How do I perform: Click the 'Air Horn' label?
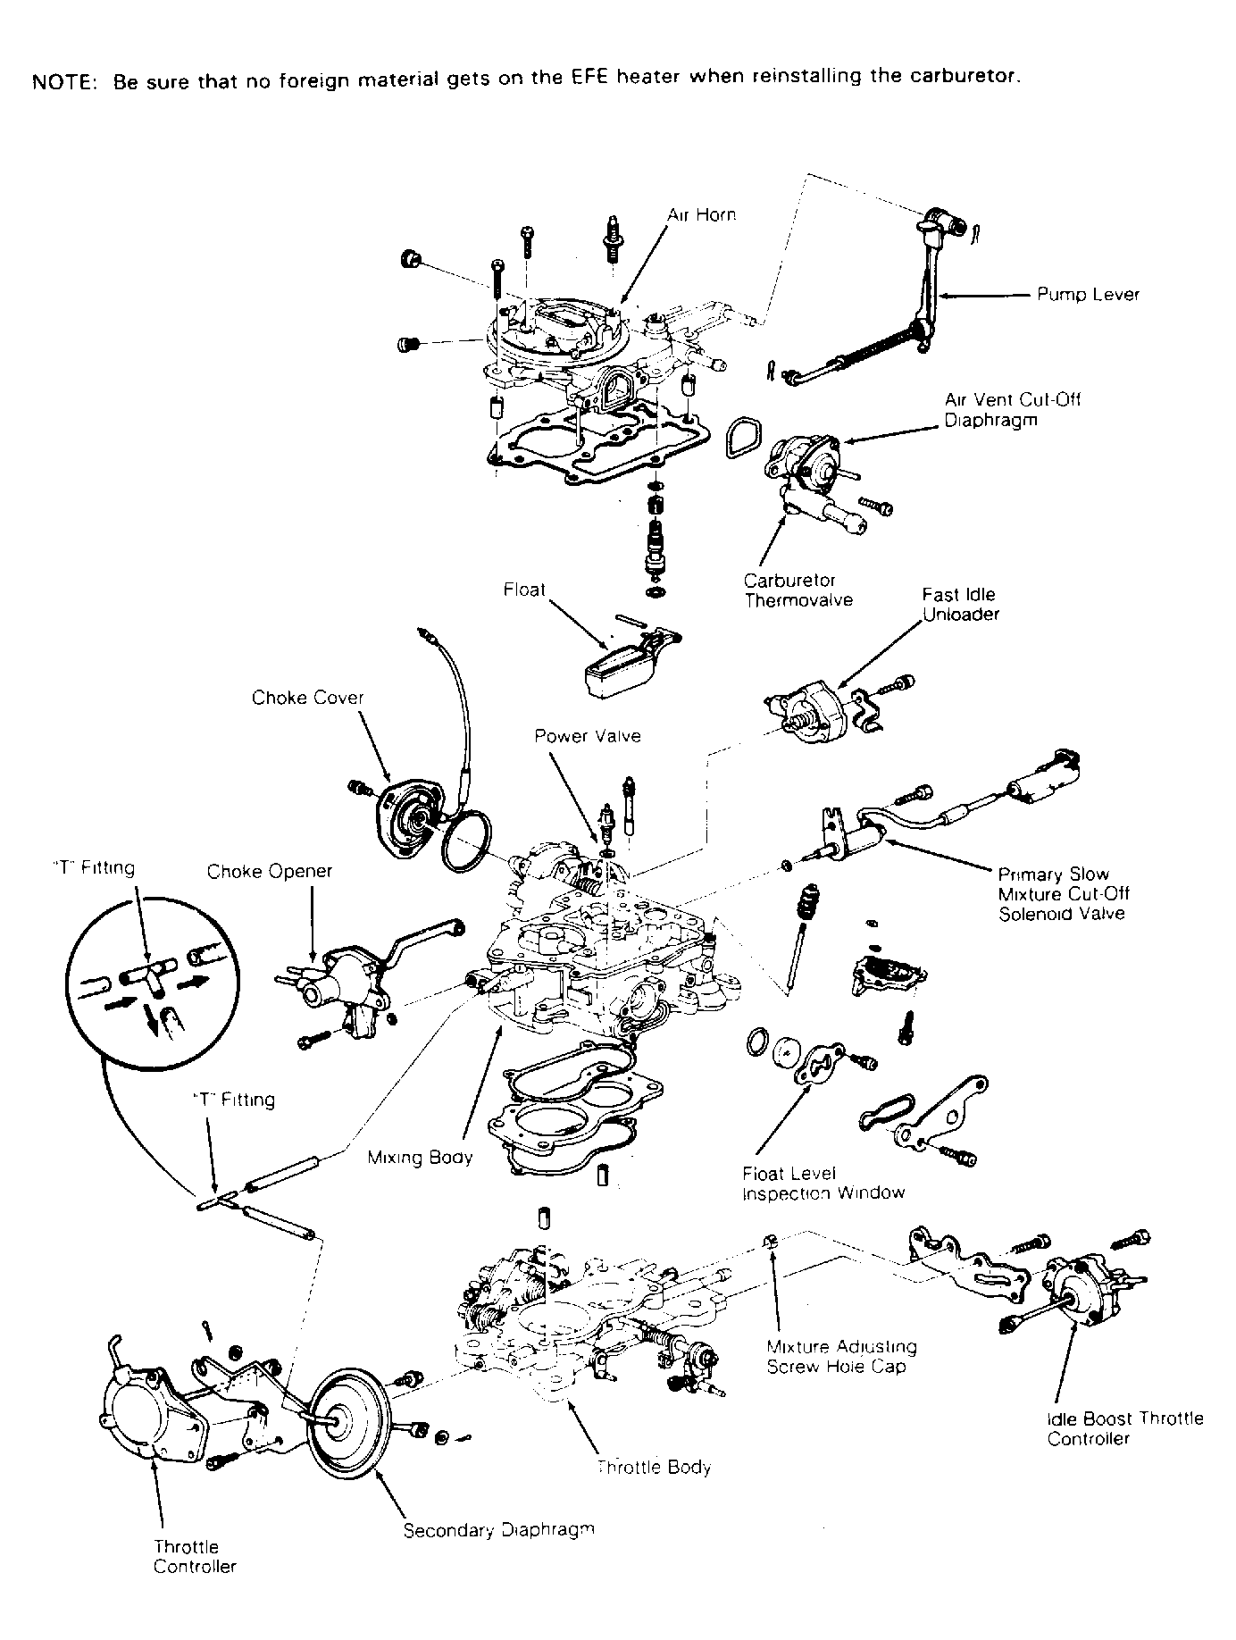(x=702, y=215)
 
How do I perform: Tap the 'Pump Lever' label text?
(x=1088, y=295)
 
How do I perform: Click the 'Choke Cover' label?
(x=308, y=698)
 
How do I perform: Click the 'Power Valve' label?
(x=588, y=736)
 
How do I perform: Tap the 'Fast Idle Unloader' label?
(x=961, y=605)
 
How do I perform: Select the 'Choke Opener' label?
(x=270, y=871)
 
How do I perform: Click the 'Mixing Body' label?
(x=420, y=1158)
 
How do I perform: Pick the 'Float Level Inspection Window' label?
(x=823, y=1184)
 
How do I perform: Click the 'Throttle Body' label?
(x=654, y=1467)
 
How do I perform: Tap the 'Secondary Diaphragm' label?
(x=498, y=1530)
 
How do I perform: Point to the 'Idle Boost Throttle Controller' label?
(x=1124, y=1428)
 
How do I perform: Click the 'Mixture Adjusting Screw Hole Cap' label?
(x=842, y=1356)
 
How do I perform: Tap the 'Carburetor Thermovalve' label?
(x=798, y=590)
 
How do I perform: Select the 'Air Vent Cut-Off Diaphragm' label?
(x=1013, y=409)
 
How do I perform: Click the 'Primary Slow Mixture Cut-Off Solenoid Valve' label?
(x=1064, y=894)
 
